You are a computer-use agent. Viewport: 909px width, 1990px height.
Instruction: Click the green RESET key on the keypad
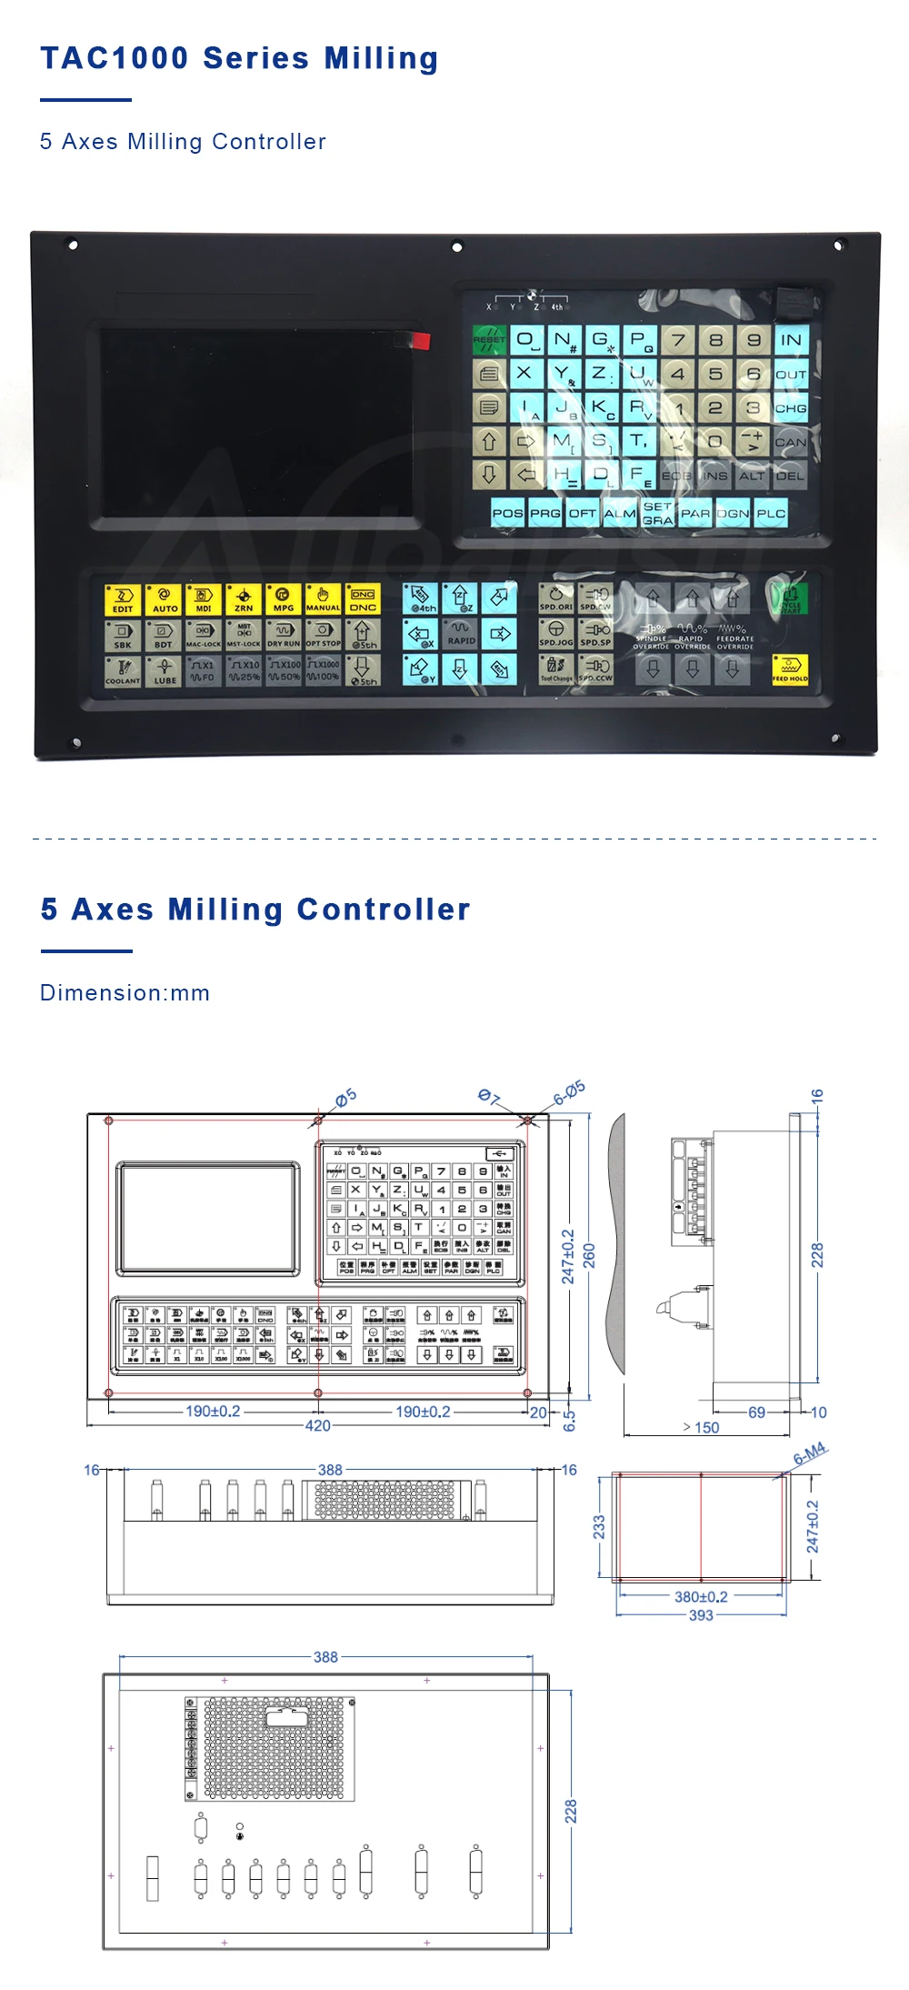[x=489, y=340]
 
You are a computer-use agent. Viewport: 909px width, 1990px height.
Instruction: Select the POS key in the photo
[x=507, y=513]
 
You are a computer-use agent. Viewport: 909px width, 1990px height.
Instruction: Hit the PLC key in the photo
[x=771, y=513]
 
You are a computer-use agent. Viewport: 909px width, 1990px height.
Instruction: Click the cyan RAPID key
[x=461, y=633]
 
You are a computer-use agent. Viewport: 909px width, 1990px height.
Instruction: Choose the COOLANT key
[x=123, y=671]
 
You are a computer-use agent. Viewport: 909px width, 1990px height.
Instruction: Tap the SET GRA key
[x=657, y=513]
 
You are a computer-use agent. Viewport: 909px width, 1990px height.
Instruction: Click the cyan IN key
[x=791, y=340]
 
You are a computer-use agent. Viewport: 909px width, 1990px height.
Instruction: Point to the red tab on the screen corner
[x=419, y=340]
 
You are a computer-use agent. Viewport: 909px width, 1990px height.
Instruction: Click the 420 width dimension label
[x=317, y=1425]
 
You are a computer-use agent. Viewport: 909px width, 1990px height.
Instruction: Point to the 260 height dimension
[x=589, y=1255]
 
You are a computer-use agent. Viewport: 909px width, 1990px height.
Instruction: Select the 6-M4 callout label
[x=809, y=1452]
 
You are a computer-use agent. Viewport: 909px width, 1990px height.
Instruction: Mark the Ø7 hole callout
[x=489, y=1097]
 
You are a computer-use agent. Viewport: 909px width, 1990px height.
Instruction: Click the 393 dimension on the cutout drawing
[x=701, y=1615]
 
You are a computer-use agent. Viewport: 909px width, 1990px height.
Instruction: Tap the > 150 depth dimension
[x=701, y=1427]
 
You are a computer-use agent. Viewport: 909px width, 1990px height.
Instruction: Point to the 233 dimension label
[x=599, y=1526]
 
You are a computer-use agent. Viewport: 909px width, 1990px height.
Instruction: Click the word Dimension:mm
[x=125, y=992]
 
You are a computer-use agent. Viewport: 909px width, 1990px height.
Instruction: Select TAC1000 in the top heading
[x=115, y=58]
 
